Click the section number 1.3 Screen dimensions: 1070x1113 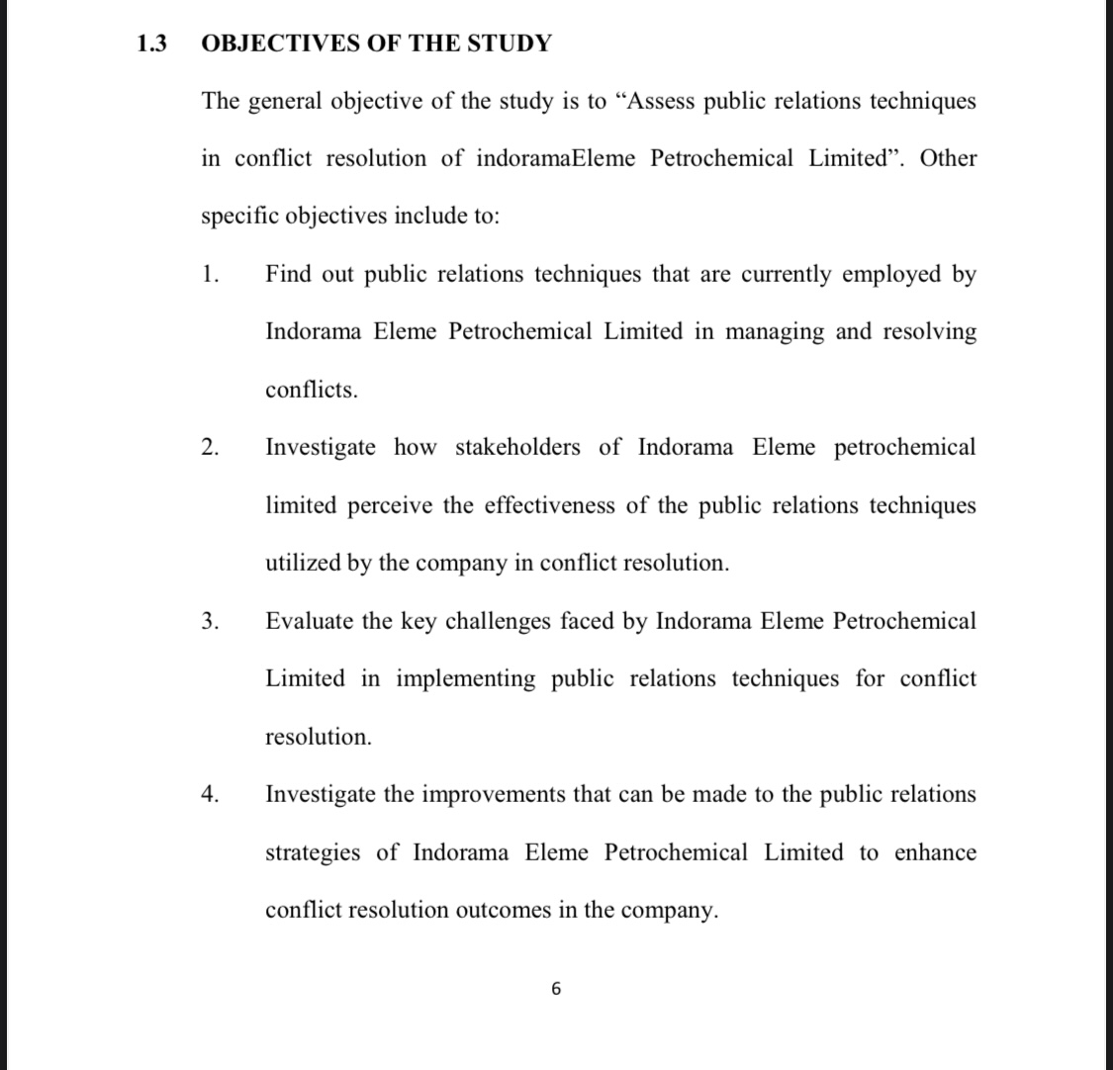[151, 44]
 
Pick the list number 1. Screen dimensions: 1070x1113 [209, 274]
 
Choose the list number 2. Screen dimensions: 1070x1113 [209, 447]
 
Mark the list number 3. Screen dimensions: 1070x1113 [209, 621]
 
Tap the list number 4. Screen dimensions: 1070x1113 [209, 794]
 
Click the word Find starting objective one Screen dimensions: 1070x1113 [289, 274]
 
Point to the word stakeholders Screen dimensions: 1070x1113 [517, 447]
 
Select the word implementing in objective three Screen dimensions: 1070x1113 [466, 678]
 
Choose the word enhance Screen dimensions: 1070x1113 [935, 852]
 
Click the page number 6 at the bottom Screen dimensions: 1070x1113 [556, 988]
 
